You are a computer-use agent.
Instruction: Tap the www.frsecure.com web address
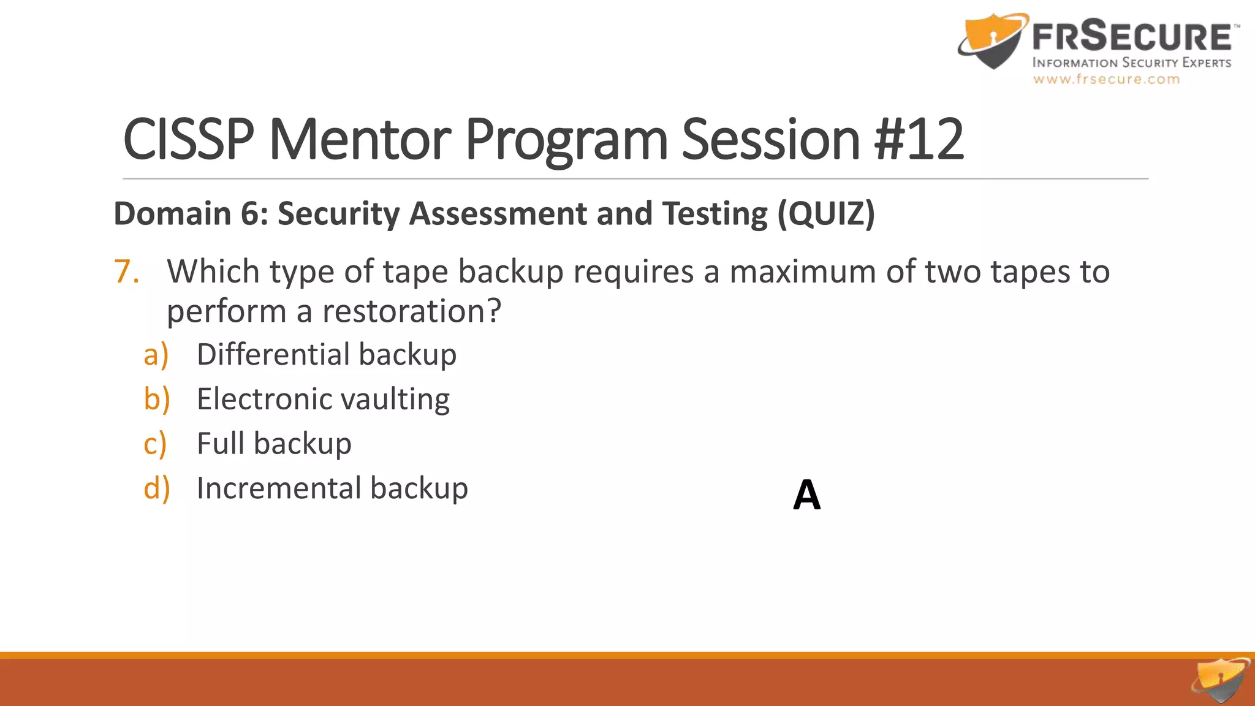(x=1106, y=79)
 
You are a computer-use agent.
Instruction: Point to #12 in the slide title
(x=919, y=140)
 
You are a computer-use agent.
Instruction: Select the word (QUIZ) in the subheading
(x=826, y=214)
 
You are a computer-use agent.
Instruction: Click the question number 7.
(x=126, y=271)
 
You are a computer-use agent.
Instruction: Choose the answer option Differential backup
(x=327, y=355)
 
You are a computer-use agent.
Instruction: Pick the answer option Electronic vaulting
(x=323, y=400)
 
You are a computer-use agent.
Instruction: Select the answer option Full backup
(x=274, y=444)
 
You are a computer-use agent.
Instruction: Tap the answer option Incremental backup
(x=332, y=488)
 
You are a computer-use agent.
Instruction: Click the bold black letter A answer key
(x=806, y=495)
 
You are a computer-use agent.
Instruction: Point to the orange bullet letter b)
(x=156, y=400)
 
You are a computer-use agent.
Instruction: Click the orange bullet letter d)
(x=156, y=488)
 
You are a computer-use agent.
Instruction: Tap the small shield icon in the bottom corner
(x=1220, y=680)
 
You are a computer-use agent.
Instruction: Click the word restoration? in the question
(x=412, y=311)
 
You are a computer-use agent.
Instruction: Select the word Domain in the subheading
(x=172, y=214)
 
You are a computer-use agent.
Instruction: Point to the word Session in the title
(x=771, y=140)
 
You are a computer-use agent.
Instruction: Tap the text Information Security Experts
(x=1131, y=63)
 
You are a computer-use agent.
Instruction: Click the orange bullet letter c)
(x=155, y=444)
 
